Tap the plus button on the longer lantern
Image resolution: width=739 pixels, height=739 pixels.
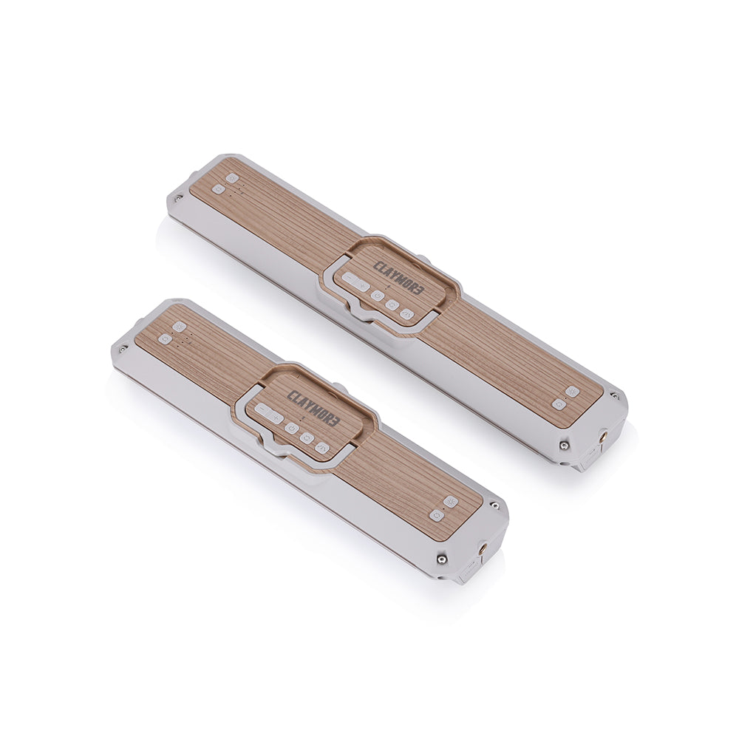tap(362, 285)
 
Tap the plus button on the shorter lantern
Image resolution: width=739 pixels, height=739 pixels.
tap(276, 418)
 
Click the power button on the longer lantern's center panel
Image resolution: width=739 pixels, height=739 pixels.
tap(376, 296)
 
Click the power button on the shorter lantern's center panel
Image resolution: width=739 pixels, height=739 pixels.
tap(290, 429)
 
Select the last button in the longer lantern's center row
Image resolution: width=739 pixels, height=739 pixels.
tap(406, 313)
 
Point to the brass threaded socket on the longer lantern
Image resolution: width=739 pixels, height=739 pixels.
tap(604, 437)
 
